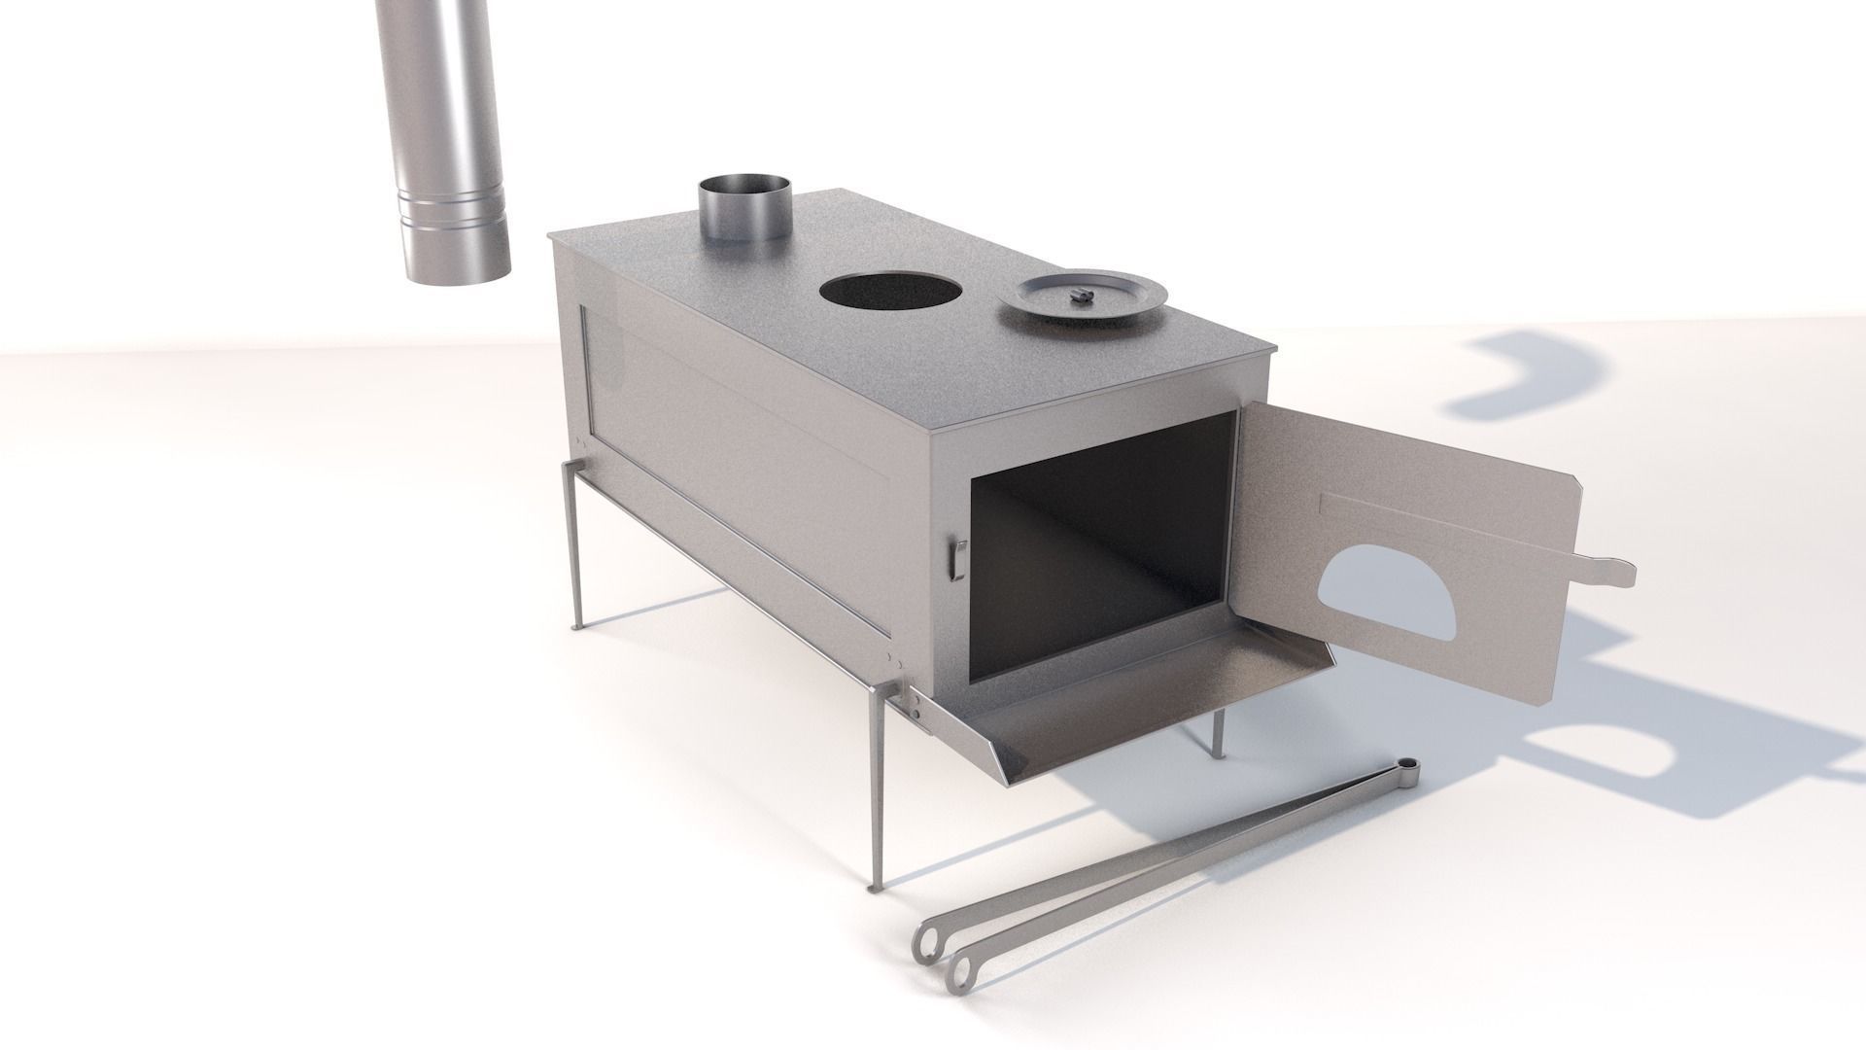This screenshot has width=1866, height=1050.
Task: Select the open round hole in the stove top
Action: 890,291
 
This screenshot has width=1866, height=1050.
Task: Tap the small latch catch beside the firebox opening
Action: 956,561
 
